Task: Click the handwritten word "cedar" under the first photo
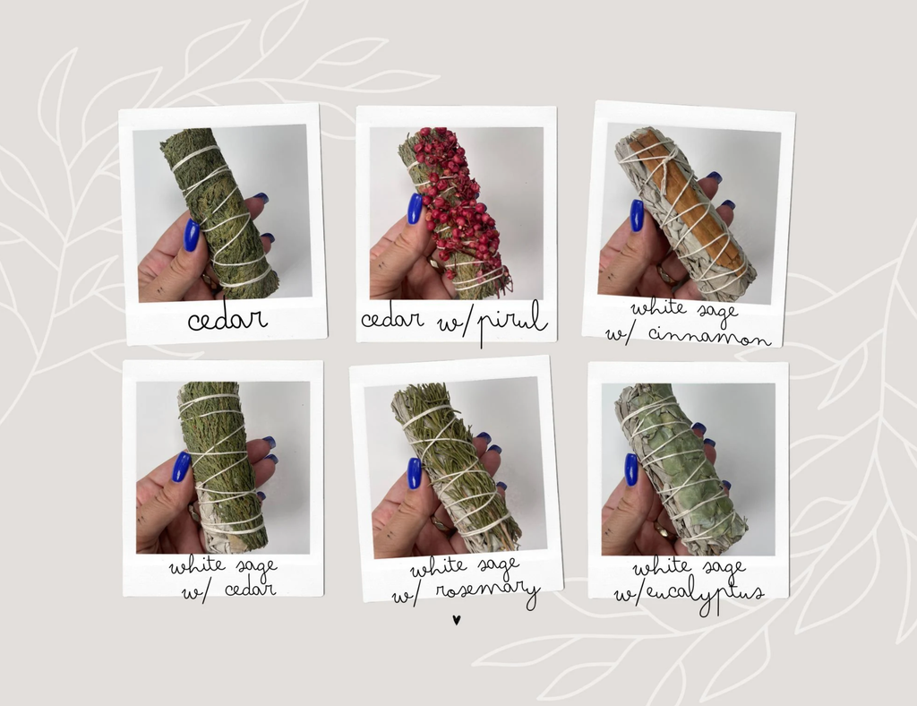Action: pyautogui.click(x=227, y=319)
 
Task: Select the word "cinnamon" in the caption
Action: pyautogui.click(x=710, y=335)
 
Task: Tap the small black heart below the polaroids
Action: pyautogui.click(x=456, y=619)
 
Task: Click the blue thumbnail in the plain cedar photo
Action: pyautogui.click(x=192, y=236)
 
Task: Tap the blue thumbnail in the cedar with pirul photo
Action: pyautogui.click(x=415, y=209)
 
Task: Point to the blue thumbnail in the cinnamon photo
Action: pyautogui.click(x=637, y=215)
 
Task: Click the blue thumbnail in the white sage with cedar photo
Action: pyautogui.click(x=181, y=467)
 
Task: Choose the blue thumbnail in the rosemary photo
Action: pyautogui.click(x=414, y=473)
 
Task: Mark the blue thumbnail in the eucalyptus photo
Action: pyautogui.click(x=631, y=469)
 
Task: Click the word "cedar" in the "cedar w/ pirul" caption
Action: pyautogui.click(x=392, y=319)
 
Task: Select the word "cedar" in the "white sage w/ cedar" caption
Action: pyautogui.click(x=249, y=588)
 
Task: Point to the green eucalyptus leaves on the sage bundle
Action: pyautogui.click(x=687, y=468)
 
